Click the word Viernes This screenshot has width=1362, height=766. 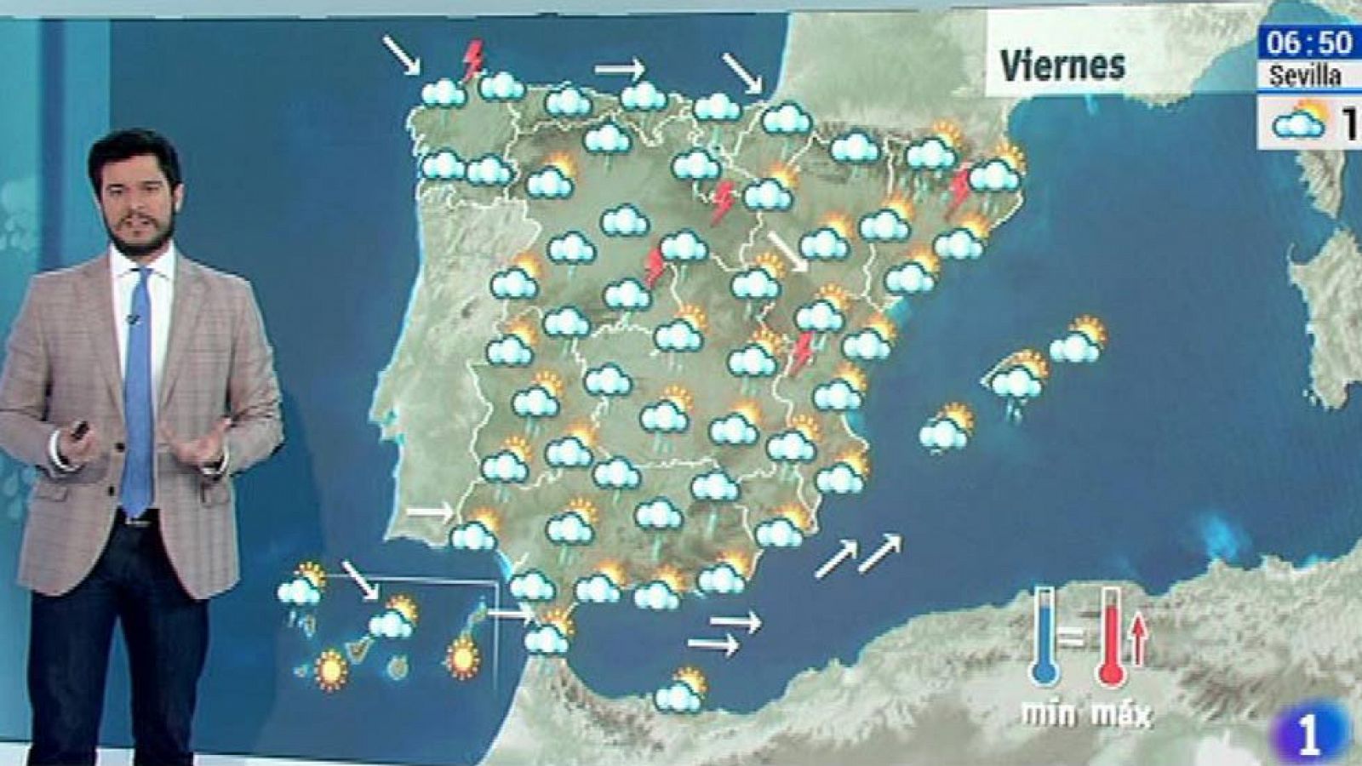click(x=1062, y=66)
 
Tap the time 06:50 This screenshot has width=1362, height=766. click(x=1308, y=42)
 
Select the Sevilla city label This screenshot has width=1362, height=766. click(x=1304, y=76)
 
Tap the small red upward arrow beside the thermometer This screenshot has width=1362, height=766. click(x=1138, y=640)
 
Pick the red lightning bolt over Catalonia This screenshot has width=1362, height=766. click(x=960, y=187)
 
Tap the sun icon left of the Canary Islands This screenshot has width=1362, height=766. click(x=330, y=669)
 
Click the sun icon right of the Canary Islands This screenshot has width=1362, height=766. click(x=462, y=658)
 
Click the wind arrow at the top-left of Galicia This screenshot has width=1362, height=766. click(x=401, y=54)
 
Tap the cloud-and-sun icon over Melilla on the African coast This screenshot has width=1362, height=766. click(x=681, y=691)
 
